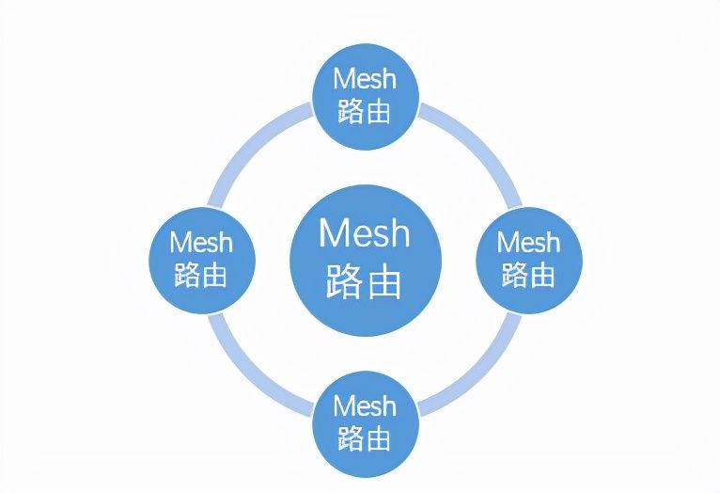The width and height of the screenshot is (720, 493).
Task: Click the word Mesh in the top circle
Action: click(365, 79)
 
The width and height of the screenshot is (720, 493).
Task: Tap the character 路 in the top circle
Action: click(351, 111)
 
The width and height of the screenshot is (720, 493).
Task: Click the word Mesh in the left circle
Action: click(201, 242)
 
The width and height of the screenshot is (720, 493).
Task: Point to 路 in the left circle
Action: click(187, 275)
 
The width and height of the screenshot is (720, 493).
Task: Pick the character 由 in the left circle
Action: click(215, 275)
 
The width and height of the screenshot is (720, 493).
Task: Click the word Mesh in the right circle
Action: click(528, 242)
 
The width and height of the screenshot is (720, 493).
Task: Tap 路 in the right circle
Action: click(515, 275)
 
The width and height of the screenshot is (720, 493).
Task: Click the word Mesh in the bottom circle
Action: click(365, 406)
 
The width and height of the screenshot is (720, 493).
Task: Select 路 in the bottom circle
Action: click(351, 437)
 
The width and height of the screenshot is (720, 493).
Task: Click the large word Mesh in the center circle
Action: click(365, 232)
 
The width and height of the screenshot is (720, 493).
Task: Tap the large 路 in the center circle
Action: click(345, 280)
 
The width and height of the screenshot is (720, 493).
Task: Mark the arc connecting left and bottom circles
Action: click(249, 374)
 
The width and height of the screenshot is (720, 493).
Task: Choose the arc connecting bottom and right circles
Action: click(480, 374)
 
